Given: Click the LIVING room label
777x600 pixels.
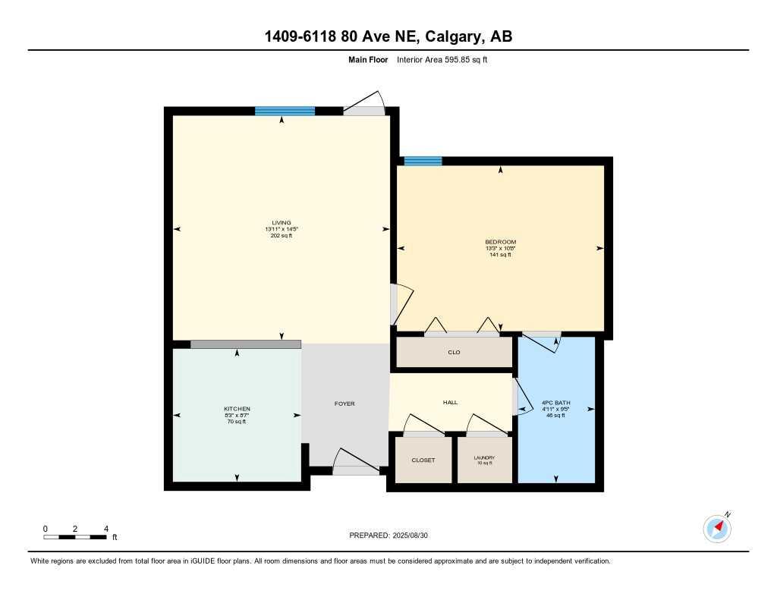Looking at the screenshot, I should click(282, 223).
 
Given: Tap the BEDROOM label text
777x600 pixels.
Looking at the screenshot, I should click(500, 242).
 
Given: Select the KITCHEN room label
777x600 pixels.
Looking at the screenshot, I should click(237, 409).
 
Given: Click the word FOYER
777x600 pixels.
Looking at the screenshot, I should click(344, 404).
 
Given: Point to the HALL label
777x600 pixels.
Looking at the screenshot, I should click(450, 403).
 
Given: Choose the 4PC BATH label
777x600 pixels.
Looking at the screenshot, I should click(555, 403).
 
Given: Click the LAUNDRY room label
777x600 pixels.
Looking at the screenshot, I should click(484, 457).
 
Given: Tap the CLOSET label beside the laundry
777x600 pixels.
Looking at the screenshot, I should click(423, 460).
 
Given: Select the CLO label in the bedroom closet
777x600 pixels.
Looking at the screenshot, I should click(454, 352).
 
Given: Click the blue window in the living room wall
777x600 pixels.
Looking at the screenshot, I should click(285, 111).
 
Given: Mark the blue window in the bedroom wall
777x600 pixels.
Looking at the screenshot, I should click(423, 161).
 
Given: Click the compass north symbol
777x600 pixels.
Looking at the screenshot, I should click(717, 528).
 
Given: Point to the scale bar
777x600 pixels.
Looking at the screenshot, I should click(74, 537).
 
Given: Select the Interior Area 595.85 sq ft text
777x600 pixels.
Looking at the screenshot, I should click(442, 59).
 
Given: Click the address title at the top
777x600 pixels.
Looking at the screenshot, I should click(388, 37).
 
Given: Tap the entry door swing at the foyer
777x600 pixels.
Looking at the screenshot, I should click(355, 461).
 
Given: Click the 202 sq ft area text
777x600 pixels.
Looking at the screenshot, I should click(282, 236).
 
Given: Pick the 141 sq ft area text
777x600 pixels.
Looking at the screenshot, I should click(500, 255).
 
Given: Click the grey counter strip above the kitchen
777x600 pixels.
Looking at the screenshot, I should click(245, 344).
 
